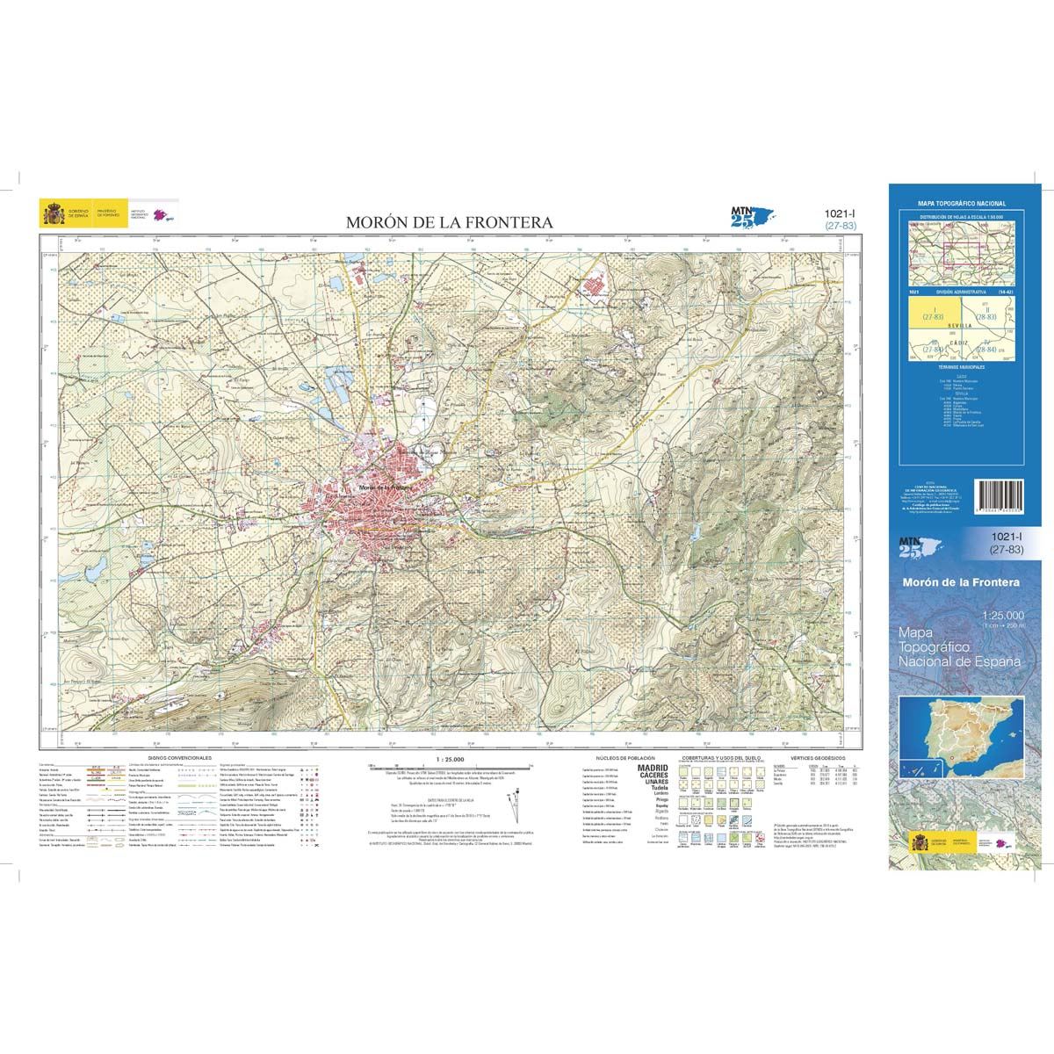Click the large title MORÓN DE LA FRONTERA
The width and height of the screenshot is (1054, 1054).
(449, 223)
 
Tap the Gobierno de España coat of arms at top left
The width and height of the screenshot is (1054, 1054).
(49, 213)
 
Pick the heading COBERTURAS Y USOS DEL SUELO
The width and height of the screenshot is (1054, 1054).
(723, 756)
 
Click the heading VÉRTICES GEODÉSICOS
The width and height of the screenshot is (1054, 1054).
(817, 756)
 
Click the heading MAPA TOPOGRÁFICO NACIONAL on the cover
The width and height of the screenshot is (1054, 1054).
(961, 204)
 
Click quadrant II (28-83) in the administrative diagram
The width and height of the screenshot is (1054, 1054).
(986, 312)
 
